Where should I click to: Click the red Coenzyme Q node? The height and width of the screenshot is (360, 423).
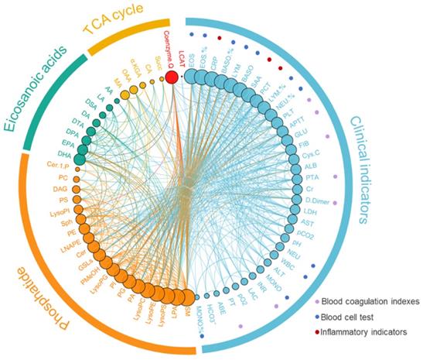pos(172,76)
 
